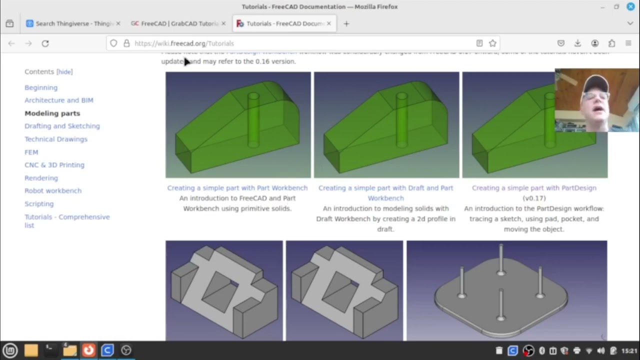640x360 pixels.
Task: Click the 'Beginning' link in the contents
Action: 41,87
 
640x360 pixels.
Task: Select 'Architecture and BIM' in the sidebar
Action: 59,100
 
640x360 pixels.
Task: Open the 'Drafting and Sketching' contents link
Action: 62,126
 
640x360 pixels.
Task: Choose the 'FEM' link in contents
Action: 31,152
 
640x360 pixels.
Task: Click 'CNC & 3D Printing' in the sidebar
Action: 54,165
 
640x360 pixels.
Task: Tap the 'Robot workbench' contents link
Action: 53,190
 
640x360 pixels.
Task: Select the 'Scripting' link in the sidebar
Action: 39,203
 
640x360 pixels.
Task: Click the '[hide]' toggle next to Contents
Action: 64,72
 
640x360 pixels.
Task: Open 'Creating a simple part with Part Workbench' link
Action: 237,188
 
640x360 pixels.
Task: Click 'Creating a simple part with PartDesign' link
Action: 534,188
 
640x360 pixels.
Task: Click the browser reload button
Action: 45,43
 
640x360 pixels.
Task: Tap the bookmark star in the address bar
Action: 492,43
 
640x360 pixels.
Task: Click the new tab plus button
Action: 346,23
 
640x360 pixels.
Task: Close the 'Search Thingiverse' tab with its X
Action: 118,23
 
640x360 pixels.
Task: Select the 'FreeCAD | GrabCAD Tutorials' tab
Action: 175,23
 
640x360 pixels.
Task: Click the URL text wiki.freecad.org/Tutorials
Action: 184,43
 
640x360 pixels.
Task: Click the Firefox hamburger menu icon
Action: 628,43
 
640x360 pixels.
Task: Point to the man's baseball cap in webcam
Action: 596,83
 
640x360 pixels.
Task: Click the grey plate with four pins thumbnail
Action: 506,290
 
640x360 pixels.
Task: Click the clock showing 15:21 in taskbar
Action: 629,350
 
